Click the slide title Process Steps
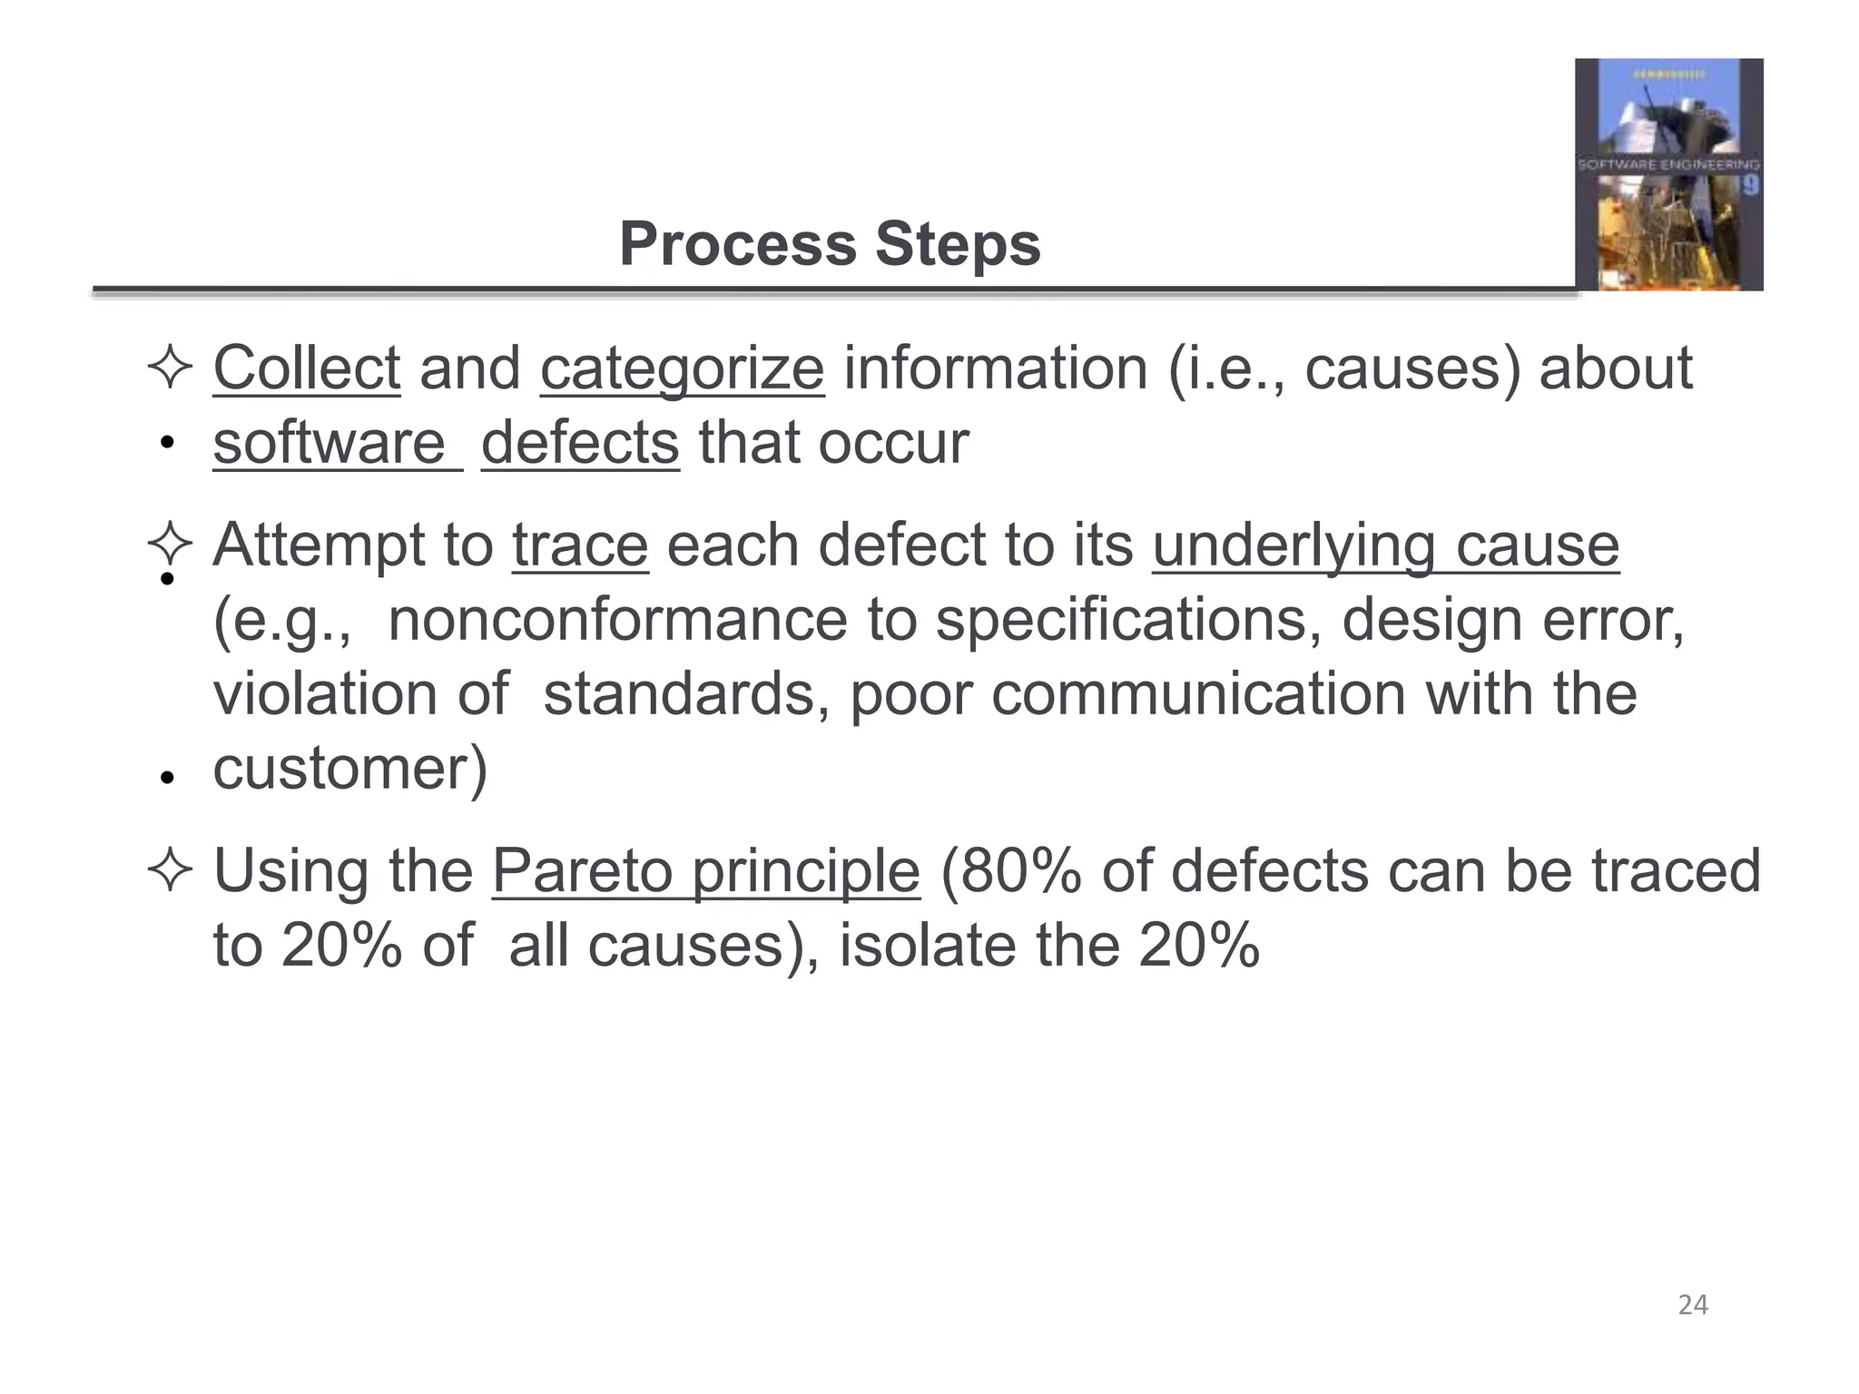[830, 244]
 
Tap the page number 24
[1693, 1305]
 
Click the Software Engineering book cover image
[1668, 174]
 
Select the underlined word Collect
[306, 368]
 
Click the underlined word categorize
[682, 368]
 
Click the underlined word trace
[580, 545]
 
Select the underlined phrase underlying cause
[1385, 545]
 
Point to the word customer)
[350, 769]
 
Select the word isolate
[927, 946]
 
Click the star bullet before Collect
[169, 368]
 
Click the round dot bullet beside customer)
[166, 778]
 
